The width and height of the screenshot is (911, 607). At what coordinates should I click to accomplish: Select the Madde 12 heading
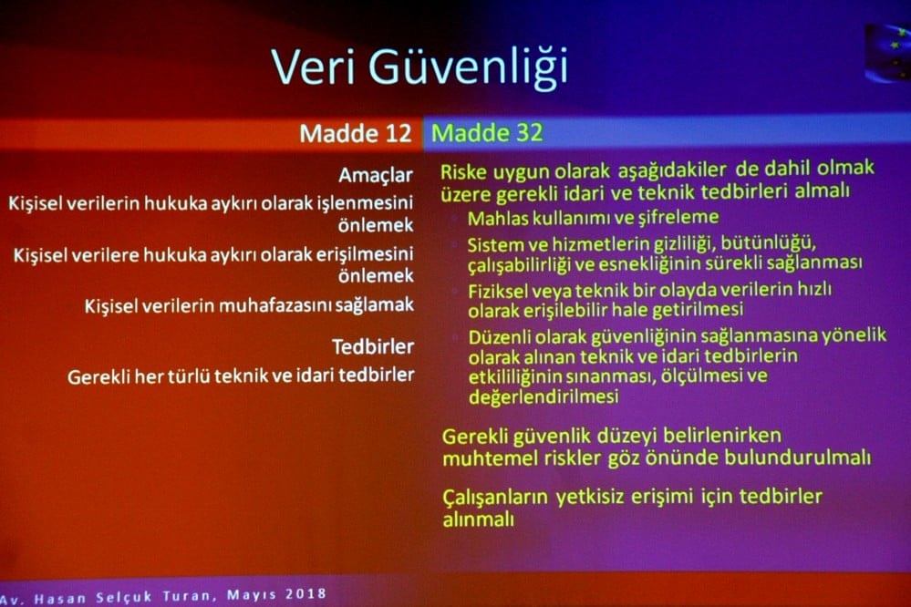coord(356,133)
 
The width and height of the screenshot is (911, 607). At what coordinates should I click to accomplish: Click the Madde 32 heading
coord(487,133)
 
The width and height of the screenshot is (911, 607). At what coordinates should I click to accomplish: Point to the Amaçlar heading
coord(376,174)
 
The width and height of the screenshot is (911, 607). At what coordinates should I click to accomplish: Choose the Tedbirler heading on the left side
coord(373,346)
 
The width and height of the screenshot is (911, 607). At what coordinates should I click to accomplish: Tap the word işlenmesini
coord(363,202)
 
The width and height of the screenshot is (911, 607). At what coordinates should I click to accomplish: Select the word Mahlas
coord(496,218)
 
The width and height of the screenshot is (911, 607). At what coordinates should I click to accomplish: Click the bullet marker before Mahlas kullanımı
coord(453,219)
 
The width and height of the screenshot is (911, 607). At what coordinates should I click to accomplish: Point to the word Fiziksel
coord(500,289)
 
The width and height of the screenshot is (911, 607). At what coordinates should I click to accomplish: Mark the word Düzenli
coord(500,335)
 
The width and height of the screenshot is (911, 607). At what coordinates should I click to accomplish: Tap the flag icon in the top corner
coord(887,53)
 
